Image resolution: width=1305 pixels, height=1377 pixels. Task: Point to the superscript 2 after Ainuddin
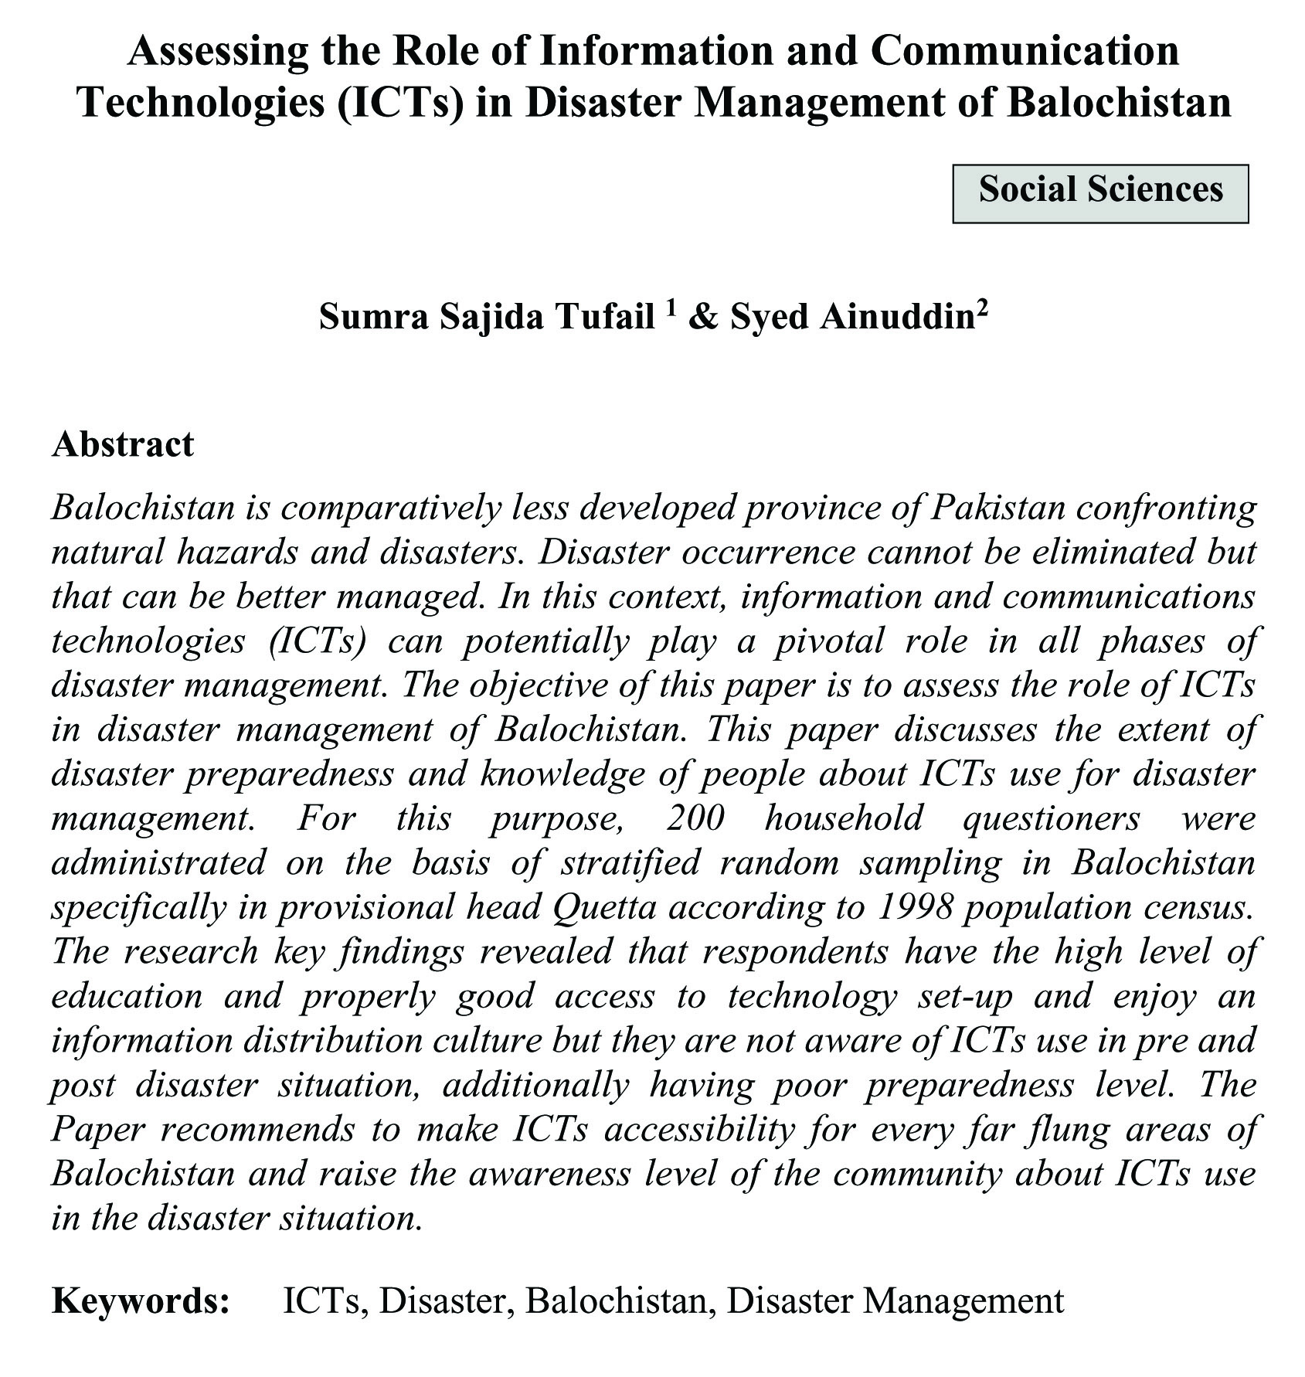pos(981,306)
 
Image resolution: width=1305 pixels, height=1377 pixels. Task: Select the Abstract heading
pos(123,444)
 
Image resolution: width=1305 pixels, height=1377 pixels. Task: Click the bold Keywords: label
pos(141,1300)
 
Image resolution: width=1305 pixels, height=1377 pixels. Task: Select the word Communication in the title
pos(1025,51)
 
